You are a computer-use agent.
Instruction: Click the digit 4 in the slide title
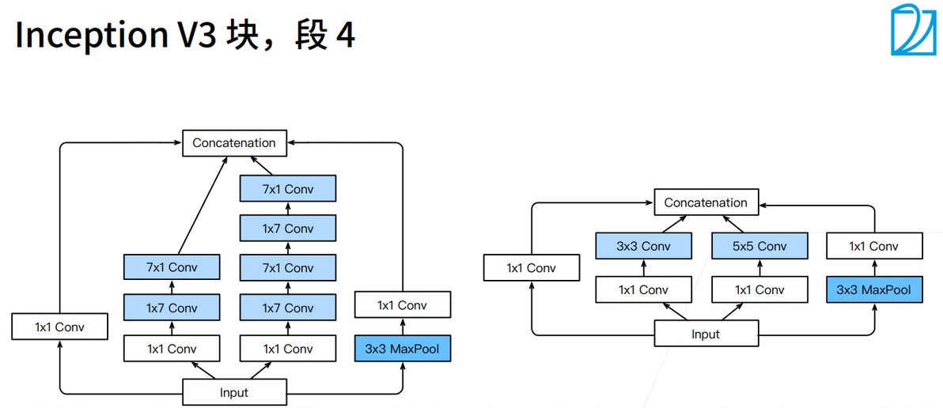pos(344,36)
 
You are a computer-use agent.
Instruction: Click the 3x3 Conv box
pos(643,246)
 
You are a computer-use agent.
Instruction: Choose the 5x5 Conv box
pos(759,246)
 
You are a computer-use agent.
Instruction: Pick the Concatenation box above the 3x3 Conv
pos(705,202)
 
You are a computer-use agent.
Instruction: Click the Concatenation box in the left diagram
pos(233,143)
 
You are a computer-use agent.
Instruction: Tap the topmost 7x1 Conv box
pos(288,189)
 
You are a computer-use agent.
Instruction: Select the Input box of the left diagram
pos(233,392)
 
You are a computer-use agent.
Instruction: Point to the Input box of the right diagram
pos(705,334)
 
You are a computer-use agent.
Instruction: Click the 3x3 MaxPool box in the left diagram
pos(402,348)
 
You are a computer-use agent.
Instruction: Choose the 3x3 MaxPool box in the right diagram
pos(873,289)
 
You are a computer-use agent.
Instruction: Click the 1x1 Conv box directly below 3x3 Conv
pos(643,289)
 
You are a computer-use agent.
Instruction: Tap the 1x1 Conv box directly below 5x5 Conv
pos(759,289)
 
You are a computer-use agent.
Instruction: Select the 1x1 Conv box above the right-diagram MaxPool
pos(873,246)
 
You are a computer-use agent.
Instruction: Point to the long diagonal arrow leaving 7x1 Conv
pos(199,206)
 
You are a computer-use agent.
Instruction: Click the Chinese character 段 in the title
pos(310,36)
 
